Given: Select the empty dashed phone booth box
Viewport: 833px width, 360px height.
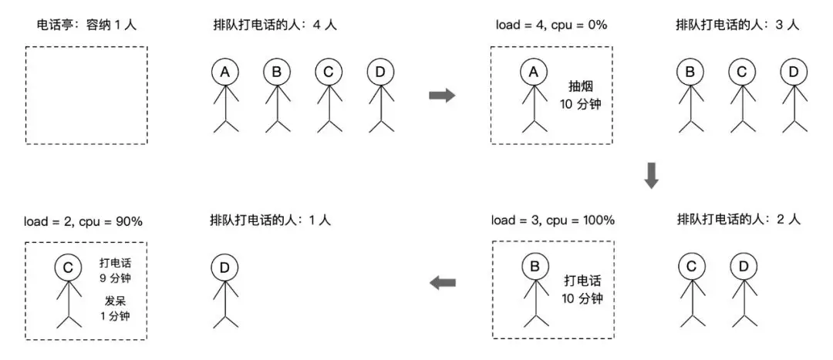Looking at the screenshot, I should [86, 95].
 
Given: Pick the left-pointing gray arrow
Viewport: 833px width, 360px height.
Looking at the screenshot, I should [442, 283].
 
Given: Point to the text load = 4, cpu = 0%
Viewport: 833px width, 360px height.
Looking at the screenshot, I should [551, 25].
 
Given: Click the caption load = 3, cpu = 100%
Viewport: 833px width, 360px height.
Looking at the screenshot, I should [553, 220].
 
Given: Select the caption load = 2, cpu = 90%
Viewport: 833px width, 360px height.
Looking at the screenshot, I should [83, 221].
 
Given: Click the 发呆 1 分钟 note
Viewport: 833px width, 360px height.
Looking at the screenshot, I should [115, 308].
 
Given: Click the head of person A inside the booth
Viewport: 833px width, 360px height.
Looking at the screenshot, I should [532, 72].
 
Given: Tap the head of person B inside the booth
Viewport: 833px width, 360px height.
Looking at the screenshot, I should [534, 267].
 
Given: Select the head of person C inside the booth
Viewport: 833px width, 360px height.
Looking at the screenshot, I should [69, 267].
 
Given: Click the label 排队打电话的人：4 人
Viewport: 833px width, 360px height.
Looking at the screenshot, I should [275, 25].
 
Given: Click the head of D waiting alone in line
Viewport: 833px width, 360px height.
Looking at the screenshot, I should [224, 267].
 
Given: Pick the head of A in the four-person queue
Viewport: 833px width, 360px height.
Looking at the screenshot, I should [224, 72].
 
